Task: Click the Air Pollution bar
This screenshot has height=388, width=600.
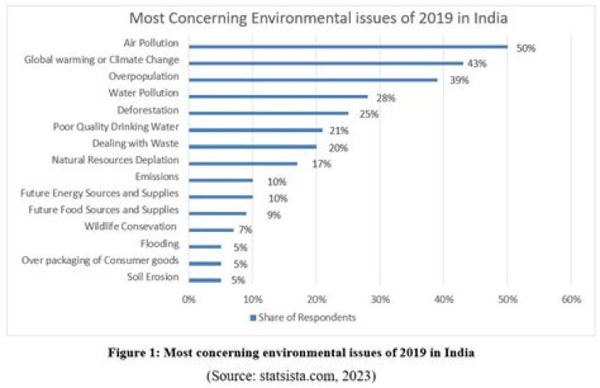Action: coord(348,47)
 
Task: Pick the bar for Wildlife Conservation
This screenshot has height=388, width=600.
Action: coord(212,229)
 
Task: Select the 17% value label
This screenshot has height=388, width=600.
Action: coord(322,164)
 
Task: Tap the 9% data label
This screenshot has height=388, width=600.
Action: coord(274,214)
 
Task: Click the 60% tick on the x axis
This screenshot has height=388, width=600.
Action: coord(571,299)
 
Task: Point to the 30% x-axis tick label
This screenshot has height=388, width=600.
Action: coord(380,299)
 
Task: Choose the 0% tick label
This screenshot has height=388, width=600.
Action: coord(189,299)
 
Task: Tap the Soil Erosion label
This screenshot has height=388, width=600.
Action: coord(152,277)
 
